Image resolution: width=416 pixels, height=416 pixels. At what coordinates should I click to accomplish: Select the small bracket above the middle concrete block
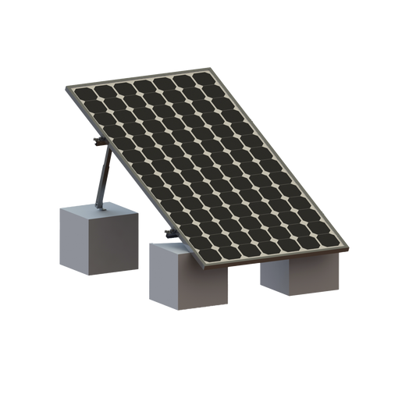tap(166, 233)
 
